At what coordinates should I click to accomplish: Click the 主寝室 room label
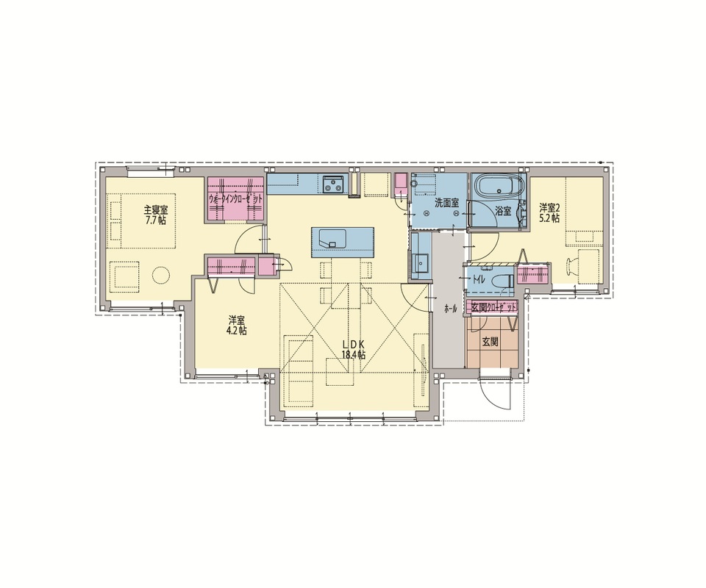(156, 210)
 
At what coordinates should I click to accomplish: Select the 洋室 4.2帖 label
(237, 326)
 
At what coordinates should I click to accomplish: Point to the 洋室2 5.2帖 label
(549, 213)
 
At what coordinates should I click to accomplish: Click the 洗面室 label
(446, 203)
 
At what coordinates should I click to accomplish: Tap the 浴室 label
(503, 210)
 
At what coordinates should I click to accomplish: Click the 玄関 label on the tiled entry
(491, 342)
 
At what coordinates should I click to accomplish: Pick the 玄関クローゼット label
(492, 307)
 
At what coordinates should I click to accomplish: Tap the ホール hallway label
(450, 309)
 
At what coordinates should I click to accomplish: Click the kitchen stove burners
(334, 183)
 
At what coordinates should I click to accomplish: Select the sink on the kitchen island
(332, 238)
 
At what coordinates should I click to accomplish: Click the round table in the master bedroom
(161, 274)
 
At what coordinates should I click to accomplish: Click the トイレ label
(478, 279)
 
